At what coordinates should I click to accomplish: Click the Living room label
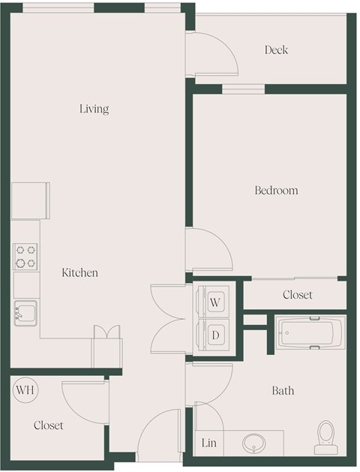[94, 109]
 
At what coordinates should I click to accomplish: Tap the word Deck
[276, 50]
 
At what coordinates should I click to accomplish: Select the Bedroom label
[276, 191]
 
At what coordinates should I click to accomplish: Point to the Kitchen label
[79, 273]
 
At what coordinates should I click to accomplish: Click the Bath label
[283, 391]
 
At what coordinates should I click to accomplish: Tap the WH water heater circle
[25, 390]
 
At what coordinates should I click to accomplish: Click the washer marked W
[214, 302]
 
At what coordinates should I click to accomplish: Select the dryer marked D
[214, 335]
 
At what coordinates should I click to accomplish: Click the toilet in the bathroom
[325, 437]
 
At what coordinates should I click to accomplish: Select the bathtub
[310, 332]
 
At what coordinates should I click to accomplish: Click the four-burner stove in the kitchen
[26, 257]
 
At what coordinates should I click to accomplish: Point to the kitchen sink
[25, 312]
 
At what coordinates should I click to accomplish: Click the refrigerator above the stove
[31, 200]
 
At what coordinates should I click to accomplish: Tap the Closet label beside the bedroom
[297, 295]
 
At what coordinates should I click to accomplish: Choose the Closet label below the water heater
[49, 425]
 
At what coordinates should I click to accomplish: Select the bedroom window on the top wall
[243, 89]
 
